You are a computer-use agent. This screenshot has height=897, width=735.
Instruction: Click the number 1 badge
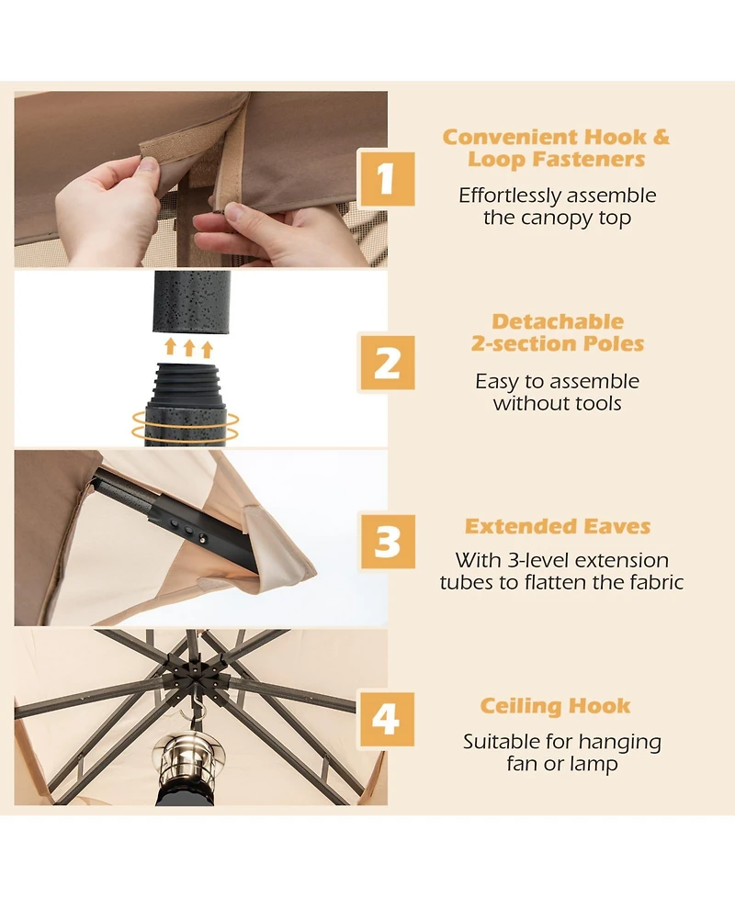pyautogui.click(x=387, y=178)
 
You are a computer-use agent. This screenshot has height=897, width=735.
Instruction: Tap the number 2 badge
pyautogui.click(x=387, y=363)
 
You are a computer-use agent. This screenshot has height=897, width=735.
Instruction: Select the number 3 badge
pyautogui.click(x=387, y=541)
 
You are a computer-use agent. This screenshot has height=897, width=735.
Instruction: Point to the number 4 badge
pyautogui.click(x=387, y=719)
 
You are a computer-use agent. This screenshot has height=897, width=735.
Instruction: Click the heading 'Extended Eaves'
pyautogui.click(x=558, y=526)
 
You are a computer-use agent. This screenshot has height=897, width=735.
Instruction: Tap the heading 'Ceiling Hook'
pyautogui.click(x=555, y=706)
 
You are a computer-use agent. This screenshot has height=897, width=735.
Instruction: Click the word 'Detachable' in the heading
pyautogui.click(x=558, y=321)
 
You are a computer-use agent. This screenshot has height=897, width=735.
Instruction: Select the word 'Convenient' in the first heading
pyautogui.click(x=510, y=138)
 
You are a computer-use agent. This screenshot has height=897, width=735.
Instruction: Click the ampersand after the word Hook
pyautogui.click(x=661, y=138)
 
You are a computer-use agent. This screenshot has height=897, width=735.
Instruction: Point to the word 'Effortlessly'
pyautogui.click(x=510, y=196)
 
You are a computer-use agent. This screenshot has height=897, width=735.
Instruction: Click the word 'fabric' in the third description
pyautogui.click(x=657, y=582)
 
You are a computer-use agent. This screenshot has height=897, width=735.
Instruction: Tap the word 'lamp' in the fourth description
pyautogui.click(x=592, y=764)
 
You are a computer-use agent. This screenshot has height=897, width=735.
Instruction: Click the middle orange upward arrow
pyautogui.click(x=189, y=348)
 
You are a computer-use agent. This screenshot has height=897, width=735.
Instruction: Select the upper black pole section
pyautogui.click(x=192, y=302)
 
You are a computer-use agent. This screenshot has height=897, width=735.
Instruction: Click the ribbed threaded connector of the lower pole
pyautogui.click(x=185, y=383)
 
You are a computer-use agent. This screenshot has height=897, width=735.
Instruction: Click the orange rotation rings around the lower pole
pyautogui.click(x=185, y=426)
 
